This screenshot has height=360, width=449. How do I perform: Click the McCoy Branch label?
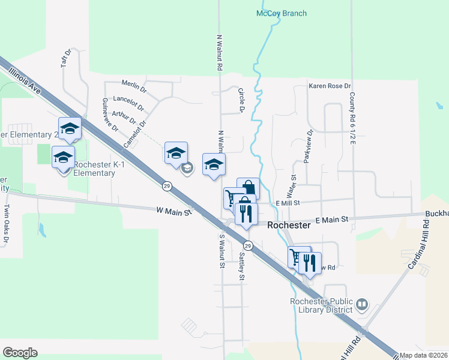[x=281, y=13]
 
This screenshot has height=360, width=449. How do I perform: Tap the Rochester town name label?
[x=289, y=226]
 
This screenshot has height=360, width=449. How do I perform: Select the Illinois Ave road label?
[x=25, y=80]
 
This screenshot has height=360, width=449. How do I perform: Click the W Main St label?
[x=173, y=211]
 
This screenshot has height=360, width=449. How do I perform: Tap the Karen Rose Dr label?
[x=330, y=86]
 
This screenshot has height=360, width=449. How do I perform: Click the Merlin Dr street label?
[x=134, y=86]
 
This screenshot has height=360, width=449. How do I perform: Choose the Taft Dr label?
[x=67, y=58]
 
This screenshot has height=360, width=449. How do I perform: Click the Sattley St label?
[x=241, y=266]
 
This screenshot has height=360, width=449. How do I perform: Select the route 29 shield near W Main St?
[x=167, y=186]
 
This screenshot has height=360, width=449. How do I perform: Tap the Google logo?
[x=20, y=352]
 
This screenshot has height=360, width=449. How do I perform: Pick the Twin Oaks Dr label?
[x=7, y=224]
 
